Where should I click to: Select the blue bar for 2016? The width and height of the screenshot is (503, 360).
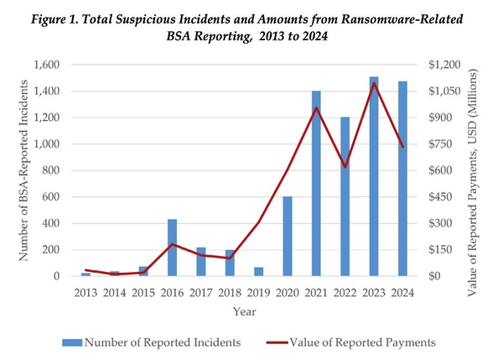pos(173,248)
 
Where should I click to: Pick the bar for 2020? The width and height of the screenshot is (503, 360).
pos(288,236)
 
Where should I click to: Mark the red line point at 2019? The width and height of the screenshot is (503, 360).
pos(259,222)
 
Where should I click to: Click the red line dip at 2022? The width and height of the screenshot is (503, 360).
pos(345,167)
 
